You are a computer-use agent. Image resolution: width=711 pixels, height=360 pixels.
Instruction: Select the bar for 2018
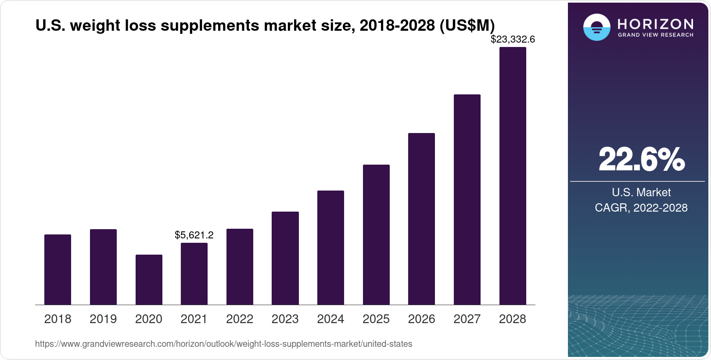57,270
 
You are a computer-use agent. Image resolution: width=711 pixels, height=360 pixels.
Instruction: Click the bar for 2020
149,280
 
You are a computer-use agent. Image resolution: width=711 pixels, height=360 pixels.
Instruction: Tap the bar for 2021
194,274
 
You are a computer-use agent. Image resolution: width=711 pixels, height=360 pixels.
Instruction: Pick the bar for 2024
330,248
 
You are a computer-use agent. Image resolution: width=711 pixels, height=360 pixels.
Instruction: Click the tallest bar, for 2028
513,176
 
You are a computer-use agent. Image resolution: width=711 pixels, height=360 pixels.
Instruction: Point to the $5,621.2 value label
194,235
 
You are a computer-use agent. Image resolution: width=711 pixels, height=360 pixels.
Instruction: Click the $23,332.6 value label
513,40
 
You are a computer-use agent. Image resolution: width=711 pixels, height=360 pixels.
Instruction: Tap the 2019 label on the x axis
103,319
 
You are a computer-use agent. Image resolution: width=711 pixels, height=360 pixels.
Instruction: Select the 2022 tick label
240,319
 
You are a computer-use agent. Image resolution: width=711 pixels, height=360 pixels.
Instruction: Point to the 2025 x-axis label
376,319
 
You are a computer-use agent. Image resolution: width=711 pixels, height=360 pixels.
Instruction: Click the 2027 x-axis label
467,319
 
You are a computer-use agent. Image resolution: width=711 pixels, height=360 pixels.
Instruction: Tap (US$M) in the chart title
467,26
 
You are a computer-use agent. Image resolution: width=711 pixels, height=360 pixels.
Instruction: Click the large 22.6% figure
641,159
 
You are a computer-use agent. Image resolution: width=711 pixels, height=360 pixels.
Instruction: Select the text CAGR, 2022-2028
641,208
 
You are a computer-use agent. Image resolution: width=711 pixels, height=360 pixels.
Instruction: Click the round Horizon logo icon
596,28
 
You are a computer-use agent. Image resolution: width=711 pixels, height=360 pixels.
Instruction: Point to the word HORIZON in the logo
656,24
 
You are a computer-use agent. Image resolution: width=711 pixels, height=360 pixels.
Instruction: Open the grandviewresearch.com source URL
223,344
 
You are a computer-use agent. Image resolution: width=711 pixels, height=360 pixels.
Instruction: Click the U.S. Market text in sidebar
641,192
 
